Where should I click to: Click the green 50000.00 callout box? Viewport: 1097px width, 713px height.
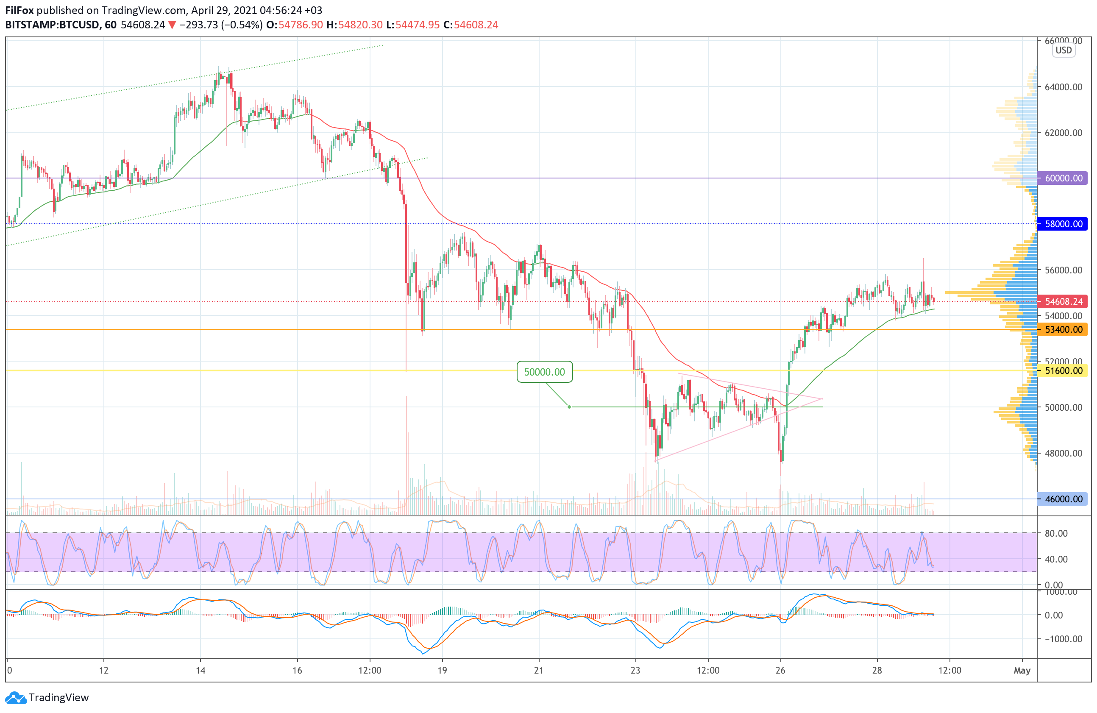point(544,372)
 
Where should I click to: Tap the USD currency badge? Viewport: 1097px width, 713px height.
point(1064,50)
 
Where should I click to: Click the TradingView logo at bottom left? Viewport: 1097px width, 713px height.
point(47,697)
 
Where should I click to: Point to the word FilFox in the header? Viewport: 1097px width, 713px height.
point(19,10)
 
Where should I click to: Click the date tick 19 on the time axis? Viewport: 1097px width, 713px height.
point(442,670)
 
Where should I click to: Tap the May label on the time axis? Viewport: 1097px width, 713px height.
point(1022,670)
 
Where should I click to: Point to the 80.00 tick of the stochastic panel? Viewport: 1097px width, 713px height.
point(1056,533)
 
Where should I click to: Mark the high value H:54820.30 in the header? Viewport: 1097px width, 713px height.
point(354,25)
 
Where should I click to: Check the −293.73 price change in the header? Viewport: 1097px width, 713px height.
point(199,25)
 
